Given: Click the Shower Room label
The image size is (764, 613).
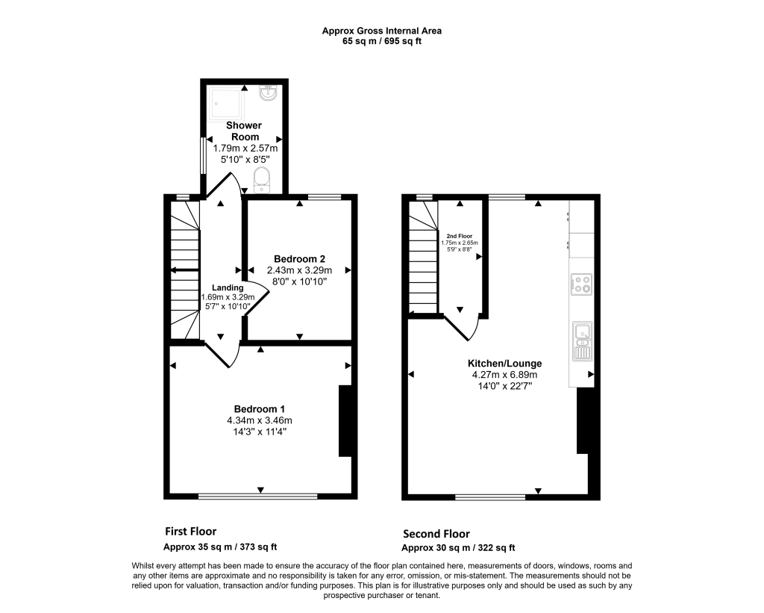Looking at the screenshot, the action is tap(245, 131).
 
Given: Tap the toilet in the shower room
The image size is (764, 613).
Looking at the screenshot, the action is tap(262, 180).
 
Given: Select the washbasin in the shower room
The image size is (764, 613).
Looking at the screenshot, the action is tap(268, 93).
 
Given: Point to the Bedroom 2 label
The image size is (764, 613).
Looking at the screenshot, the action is tap(299, 259).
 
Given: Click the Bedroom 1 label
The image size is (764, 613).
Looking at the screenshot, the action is tap(259, 409).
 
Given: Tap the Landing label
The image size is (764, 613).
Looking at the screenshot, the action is tap(228, 287).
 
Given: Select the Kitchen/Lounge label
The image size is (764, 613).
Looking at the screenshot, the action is tap(505, 364).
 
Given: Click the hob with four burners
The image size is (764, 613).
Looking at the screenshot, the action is tap(581, 284).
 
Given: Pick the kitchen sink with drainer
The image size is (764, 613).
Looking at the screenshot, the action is tap(583, 341).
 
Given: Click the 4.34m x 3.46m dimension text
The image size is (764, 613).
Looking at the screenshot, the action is tap(259, 420).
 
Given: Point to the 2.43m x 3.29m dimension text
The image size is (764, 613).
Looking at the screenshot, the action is tap(299, 270).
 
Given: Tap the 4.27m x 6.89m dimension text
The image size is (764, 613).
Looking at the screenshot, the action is tap(504, 375).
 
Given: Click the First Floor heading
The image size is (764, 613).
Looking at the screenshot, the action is tap(190, 531).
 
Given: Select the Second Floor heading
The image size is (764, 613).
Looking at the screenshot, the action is tap(436, 534).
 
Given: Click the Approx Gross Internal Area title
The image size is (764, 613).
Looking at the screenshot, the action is tap(382, 31).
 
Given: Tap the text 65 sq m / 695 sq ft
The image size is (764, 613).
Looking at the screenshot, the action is tap(382, 42).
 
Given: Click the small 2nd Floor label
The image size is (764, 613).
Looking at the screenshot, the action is tap(460, 236).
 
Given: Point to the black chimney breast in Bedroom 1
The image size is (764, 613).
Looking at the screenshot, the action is tap(345, 421).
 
